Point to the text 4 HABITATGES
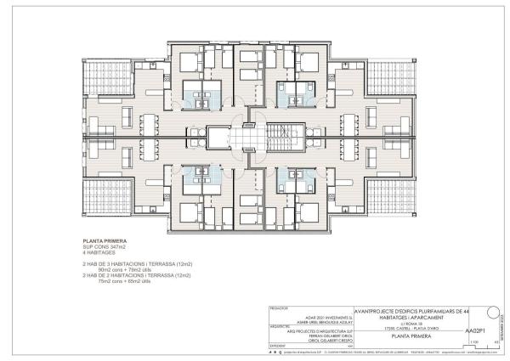pyautogui.click(x=96, y=251)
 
